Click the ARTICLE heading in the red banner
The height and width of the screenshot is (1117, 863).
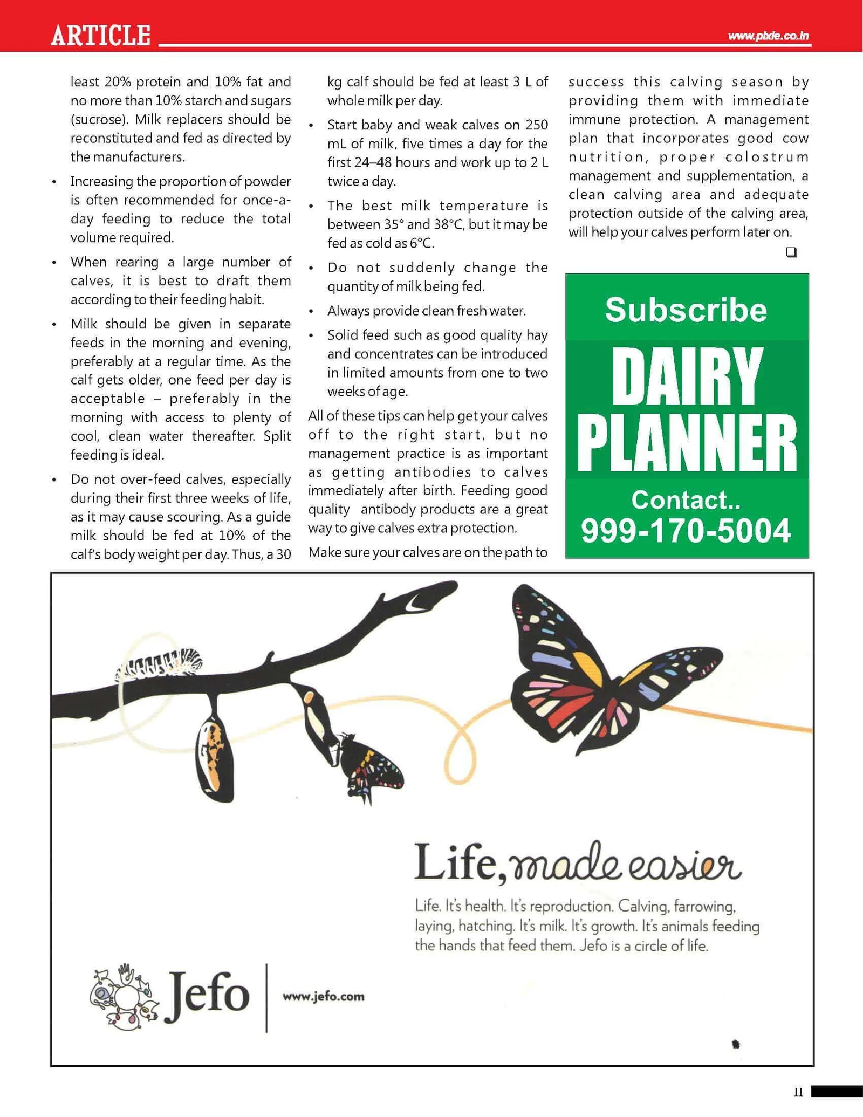[100, 36]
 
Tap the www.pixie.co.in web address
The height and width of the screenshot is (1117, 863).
[768, 36]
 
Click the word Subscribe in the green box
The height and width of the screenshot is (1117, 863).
[686, 310]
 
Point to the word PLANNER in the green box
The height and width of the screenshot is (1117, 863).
[687, 443]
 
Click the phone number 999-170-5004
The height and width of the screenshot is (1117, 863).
[686, 531]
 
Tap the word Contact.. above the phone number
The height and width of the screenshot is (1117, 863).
[686, 500]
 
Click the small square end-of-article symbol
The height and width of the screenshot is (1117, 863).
[791, 252]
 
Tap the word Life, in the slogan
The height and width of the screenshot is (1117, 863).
[461, 864]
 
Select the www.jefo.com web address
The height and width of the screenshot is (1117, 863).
[323, 996]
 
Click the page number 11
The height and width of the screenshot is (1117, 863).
[798, 1092]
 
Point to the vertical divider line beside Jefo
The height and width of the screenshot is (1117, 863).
[266, 997]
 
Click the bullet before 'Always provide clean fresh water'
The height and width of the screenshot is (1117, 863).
[311, 312]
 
